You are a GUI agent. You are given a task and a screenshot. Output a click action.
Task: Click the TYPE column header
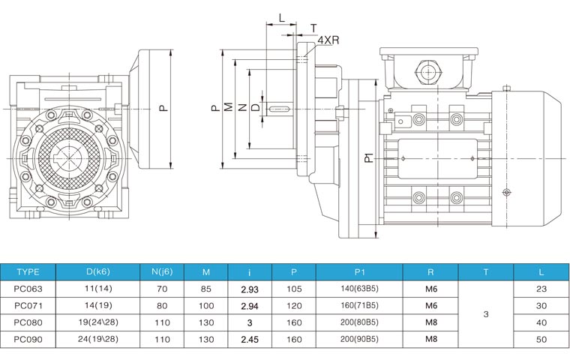tap(28, 271)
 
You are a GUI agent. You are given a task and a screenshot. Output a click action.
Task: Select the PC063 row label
tap(28, 288)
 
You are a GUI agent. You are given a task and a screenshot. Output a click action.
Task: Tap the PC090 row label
tap(28, 340)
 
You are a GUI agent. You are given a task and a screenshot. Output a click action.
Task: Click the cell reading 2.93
tap(249, 289)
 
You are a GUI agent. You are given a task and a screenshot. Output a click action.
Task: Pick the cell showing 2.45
tap(249, 340)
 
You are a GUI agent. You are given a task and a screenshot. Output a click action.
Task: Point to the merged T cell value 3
tap(485, 314)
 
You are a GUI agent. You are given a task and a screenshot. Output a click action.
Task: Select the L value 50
tap(540, 340)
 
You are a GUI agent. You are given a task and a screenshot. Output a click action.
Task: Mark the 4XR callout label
tap(326, 39)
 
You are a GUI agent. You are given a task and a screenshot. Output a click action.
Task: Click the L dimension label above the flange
tap(281, 16)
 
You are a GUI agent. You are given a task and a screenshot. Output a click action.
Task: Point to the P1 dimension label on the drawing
tap(369, 157)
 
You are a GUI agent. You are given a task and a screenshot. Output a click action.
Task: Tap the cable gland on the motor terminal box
tap(428, 73)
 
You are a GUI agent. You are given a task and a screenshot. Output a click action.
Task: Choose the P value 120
tap(293, 306)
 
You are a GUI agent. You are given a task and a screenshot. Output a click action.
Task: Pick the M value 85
tap(205, 289)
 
